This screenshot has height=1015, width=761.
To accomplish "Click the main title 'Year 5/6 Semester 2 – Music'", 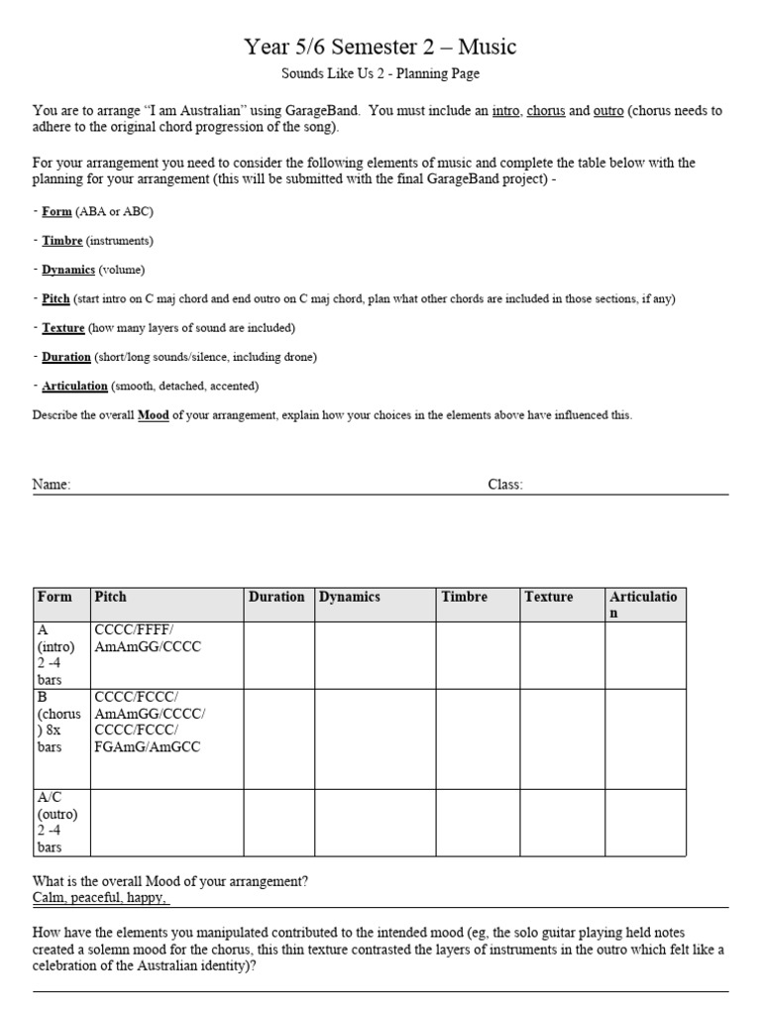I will tap(380, 46).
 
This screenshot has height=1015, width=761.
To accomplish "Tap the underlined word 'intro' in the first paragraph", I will tap(505, 111).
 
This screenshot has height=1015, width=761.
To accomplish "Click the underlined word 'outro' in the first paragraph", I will tap(608, 111).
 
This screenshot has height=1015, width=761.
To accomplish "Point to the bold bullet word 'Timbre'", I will tap(62, 241).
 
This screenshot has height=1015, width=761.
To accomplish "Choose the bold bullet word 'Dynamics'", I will tap(68, 270).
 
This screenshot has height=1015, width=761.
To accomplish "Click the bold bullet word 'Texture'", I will tap(63, 328).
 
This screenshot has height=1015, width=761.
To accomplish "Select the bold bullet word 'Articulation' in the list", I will tap(75, 386).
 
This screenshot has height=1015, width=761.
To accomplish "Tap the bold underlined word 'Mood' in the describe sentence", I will tap(153, 415).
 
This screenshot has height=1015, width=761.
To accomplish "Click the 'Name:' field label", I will tap(52, 485).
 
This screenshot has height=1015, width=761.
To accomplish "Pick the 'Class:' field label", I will tap(505, 485).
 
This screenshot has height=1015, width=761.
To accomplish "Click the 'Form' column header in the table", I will tap(54, 597).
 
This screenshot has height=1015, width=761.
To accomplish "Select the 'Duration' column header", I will tap(276, 597).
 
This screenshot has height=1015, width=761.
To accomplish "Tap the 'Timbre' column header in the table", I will tap(465, 597).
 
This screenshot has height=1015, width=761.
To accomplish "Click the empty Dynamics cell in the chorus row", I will tap(375, 738).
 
